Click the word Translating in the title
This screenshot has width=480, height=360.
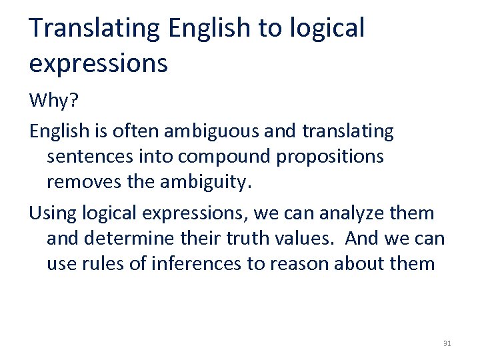pyautogui.click(x=95, y=29)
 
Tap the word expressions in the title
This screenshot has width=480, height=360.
pyautogui.click(x=98, y=63)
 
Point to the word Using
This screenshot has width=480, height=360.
pyautogui.click(x=53, y=213)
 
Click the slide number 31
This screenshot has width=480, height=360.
pyautogui.click(x=447, y=343)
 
